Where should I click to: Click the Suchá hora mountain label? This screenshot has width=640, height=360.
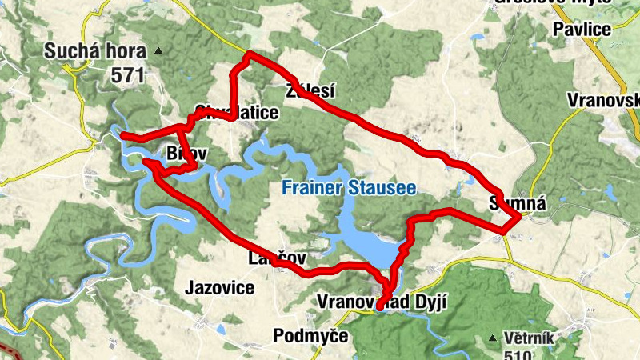[96, 53]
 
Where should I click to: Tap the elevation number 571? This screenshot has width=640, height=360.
[127, 75]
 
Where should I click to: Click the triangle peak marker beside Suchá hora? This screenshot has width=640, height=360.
[158, 52]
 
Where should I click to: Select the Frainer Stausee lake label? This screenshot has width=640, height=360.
[348, 189]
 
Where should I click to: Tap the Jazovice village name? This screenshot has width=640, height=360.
[219, 287]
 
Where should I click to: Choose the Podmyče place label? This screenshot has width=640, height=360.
[310, 335]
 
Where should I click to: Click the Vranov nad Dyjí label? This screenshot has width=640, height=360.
[382, 302]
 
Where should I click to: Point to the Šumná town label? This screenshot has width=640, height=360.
[518, 203]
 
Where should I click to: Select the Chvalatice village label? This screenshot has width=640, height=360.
[236, 113]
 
